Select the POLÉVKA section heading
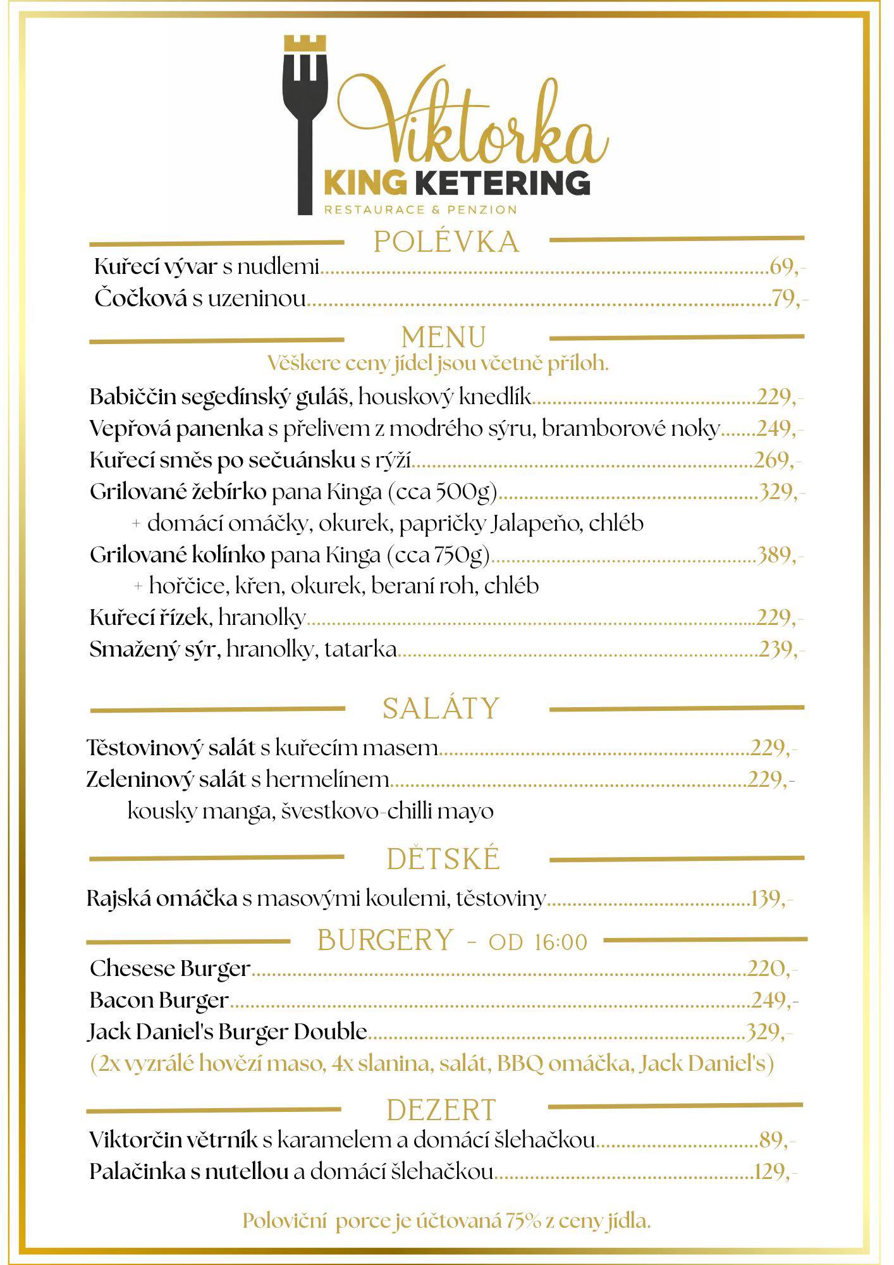pos(446,242)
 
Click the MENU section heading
pos(444,338)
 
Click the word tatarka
pos(360,649)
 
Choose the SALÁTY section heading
pos(441,708)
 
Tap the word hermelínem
pos(327,779)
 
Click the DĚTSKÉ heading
pos(444,859)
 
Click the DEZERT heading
pos(442,1110)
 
